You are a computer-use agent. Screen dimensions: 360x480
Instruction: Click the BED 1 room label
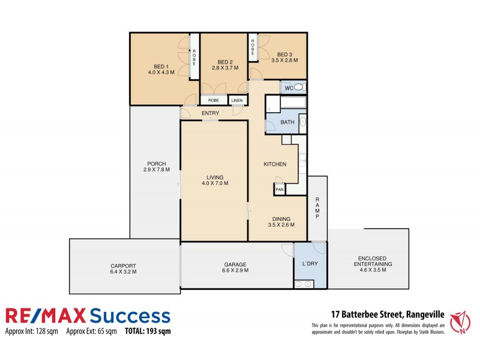(161, 66)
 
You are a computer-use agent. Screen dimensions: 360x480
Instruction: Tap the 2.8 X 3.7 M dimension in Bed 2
(225, 68)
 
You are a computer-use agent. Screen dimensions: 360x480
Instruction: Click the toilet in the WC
(301, 88)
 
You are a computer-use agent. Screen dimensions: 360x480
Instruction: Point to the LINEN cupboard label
(237, 100)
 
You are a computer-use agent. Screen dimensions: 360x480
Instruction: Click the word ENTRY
(210, 113)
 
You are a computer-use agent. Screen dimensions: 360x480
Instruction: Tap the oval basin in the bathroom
(302, 124)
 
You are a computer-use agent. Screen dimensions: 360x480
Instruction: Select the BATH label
(287, 123)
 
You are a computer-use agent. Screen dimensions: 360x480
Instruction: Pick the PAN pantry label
(279, 190)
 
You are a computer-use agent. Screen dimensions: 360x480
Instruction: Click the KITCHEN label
(275, 164)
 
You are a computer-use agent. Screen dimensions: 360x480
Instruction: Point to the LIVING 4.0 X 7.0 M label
(215, 180)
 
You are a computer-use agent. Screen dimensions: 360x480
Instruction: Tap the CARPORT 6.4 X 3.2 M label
(123, 269)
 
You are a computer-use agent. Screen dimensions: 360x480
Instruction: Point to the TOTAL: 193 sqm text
(148, 331)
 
